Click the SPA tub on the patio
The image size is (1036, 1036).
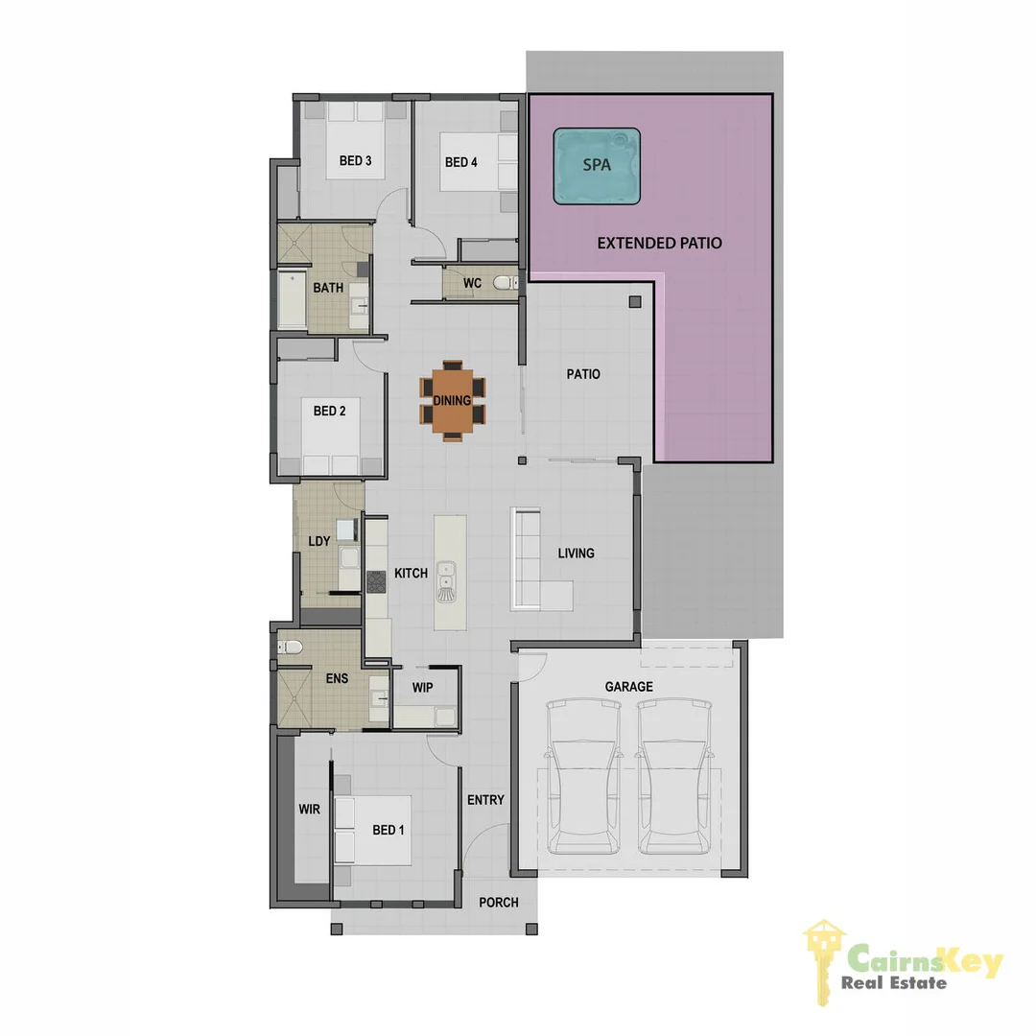[597, 166]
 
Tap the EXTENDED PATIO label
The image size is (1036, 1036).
[659, 244]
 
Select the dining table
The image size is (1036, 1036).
[452, 400]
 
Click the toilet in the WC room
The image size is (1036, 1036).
[503, 283]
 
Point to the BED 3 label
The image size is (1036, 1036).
[355, 160]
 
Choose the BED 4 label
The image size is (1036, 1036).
[460, 162]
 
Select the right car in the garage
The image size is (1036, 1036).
[674, 777]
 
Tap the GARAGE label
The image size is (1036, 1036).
[628, 687]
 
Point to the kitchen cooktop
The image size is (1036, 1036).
[375, 580]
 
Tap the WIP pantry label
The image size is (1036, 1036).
[423, 688]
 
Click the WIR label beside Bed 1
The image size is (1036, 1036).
[309, 810]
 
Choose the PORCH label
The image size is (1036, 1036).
[498, 903]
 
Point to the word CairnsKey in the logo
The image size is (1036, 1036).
[925, 960]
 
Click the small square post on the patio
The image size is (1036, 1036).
[634, 303]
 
